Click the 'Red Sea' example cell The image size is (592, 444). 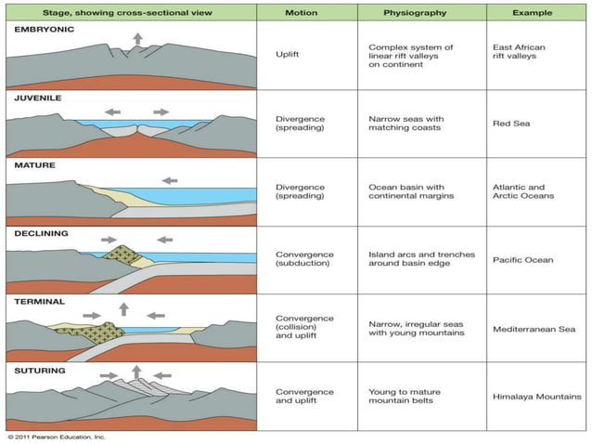[510, 124]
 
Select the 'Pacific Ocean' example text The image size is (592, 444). [522, 260]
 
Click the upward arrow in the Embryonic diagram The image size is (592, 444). [138, 38]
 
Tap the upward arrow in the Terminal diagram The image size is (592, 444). [123, 308]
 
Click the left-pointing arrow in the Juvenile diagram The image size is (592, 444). [112, 111]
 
